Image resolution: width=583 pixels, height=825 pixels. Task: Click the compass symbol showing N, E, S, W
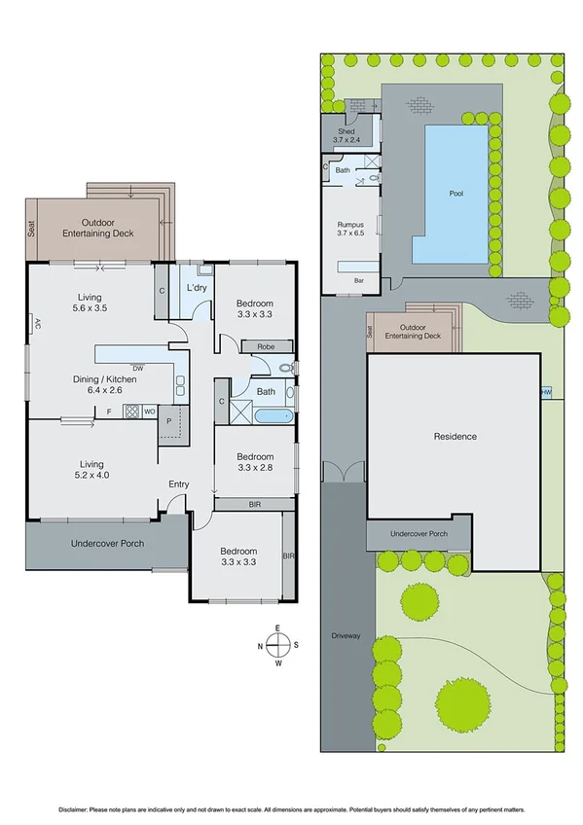(277, 645)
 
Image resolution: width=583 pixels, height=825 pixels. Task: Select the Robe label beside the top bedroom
(264, 346)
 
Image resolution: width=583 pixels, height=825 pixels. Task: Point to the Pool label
(455, 194)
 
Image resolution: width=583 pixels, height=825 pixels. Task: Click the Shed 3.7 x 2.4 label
(346, 135)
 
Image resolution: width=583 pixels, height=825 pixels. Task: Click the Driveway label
(346, 635)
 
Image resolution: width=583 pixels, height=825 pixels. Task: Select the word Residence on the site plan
(455, 437)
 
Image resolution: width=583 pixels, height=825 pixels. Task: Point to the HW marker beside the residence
(543, 392)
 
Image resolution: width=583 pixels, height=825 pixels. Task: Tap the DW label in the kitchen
(137, 368)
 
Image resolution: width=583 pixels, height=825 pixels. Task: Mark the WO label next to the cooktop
(150, 412)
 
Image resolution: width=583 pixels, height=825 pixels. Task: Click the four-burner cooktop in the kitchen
(131, 412)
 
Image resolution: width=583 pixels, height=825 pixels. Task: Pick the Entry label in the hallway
(179, 484)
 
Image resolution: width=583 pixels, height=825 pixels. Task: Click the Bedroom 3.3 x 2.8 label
(254, 462)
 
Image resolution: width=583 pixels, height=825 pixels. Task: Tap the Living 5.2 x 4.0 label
(88, 471)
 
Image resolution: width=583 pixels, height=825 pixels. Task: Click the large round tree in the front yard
(461, 700)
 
